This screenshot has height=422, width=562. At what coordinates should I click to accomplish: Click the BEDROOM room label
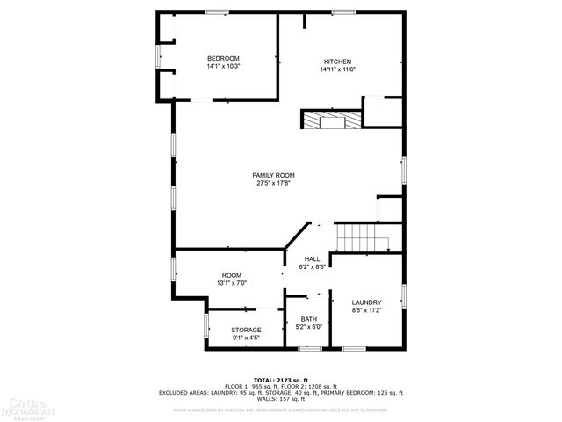tap(223, 58)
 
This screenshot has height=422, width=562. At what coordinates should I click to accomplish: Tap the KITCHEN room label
tap(337, 62)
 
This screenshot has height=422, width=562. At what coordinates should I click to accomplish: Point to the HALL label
tap(312, 258)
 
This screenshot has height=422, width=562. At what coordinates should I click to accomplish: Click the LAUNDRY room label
tap(366, 302)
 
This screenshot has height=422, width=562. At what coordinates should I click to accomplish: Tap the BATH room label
tap(309, 319)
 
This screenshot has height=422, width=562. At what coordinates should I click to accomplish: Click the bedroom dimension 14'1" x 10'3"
tap(223, 66)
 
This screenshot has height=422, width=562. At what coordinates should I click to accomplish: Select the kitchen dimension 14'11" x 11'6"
tap(337, 69)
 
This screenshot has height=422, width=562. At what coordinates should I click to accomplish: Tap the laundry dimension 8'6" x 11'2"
tap(366, 309)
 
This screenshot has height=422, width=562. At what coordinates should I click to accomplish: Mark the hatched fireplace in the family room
tap(331, 120)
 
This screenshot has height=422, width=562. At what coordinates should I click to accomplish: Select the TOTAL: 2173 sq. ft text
tap(281, 380)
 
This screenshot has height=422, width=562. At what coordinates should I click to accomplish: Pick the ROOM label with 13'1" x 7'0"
tap(232, 275)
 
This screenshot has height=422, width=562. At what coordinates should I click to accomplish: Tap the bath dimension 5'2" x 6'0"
tap(309, 326)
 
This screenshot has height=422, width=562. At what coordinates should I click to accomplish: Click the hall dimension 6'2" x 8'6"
tap(312, 266)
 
